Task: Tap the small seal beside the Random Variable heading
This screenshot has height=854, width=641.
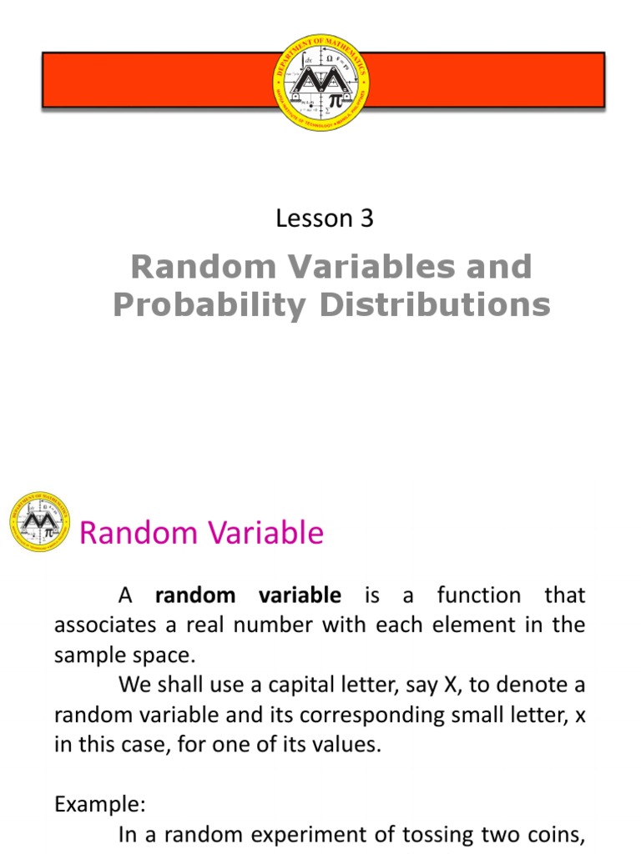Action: tap(38, 522)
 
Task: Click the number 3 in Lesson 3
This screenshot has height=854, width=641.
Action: tap(366, 219)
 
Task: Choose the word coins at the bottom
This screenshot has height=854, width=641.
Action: tap(558, 835)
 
